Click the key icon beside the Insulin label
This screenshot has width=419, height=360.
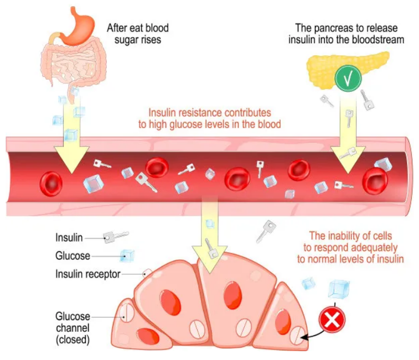pyautogui.click(x=113, y=237)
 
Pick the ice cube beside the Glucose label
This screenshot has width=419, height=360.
pyautogui.click(x=127, y=255)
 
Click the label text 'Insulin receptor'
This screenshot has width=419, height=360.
pyautogui.click(x=87, y=274)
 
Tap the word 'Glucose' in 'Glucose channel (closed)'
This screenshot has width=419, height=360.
pyautogui.click(x=72, y=316)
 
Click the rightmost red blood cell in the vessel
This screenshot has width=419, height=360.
pyautogui.click(x=375, y=179)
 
